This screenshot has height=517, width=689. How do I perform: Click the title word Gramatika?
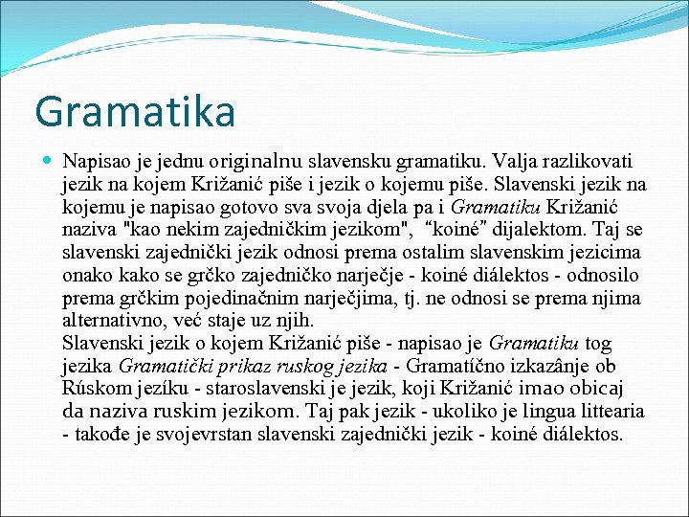tap(135, 111)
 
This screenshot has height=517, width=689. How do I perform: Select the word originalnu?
tap(255, 160)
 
